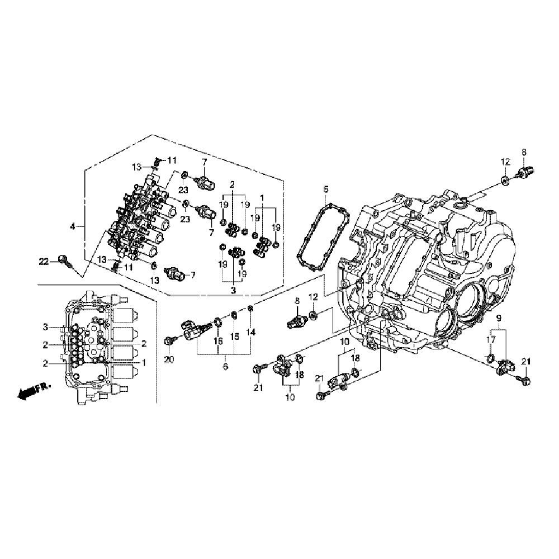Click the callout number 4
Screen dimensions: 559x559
(72, 226)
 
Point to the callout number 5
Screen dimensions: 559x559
(326, 190)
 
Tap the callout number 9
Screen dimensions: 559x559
(498, 318)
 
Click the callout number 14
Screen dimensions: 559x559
(251, 333)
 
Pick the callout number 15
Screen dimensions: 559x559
(235, 337)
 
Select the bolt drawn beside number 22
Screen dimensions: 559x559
(65, 260)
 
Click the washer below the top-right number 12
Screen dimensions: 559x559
(505, 179)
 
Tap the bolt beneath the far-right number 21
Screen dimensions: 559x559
(526, 380)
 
